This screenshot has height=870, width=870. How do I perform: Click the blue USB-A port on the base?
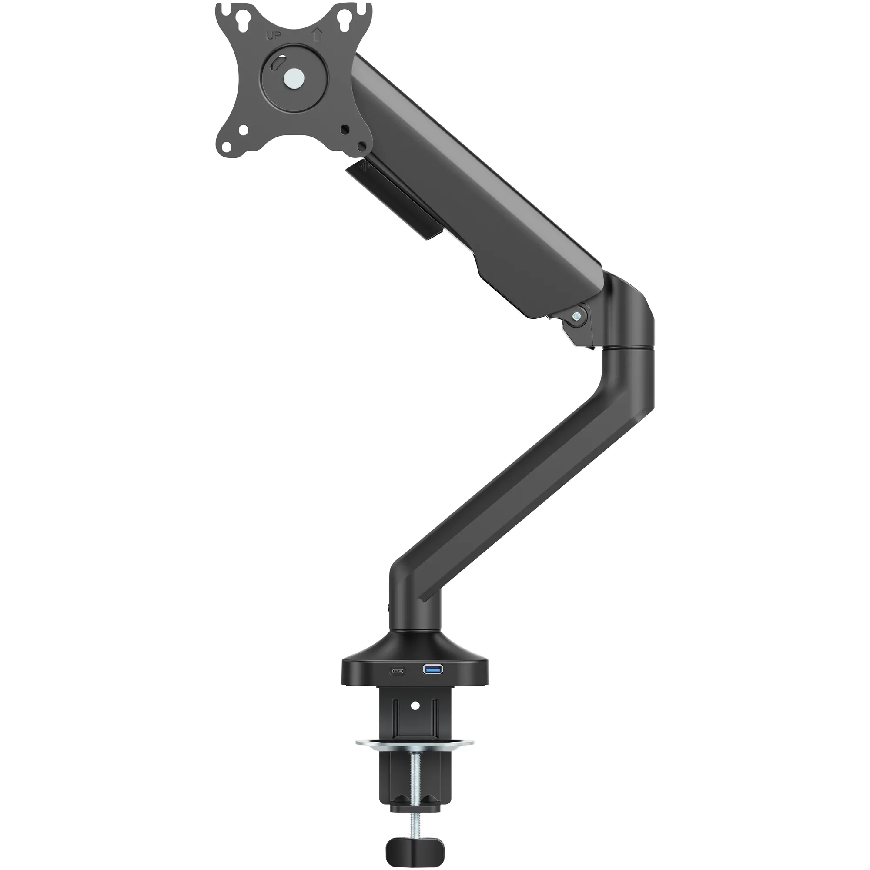click(x=433, y=668)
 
